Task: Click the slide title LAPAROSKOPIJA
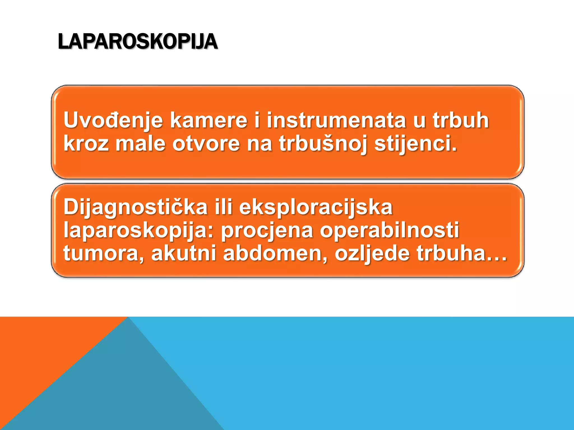[x=138, y=42]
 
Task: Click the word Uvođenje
[x=113, y=121]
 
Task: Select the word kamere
[x=209, y=121]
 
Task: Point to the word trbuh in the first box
[x=461, y=121]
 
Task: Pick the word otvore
[x=206, y=144]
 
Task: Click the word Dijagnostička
[x=135, y=207]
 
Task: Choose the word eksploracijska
[x=316, y=207]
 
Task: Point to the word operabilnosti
[x=390, y=230]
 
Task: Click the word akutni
[x=184, y=253]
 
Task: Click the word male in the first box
[x=140, y=144]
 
